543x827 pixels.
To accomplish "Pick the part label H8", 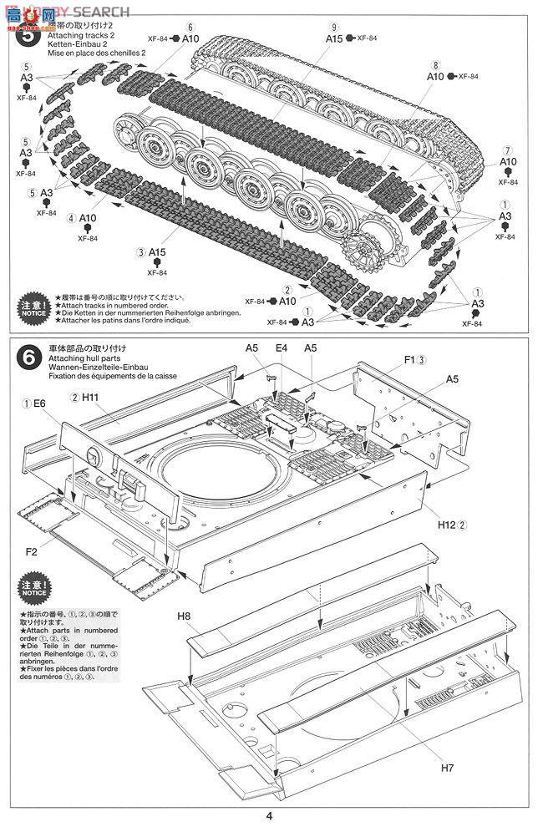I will click(x=184, y=617).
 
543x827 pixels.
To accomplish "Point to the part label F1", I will click(x=409, y=360).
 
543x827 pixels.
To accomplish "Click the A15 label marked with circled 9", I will click(x=334, y=38).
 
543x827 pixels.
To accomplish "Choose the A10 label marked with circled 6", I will click(x=190, y=38).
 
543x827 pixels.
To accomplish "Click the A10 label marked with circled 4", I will click(x=89, y=218).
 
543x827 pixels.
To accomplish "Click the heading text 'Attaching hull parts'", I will click(x=86, y=357).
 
